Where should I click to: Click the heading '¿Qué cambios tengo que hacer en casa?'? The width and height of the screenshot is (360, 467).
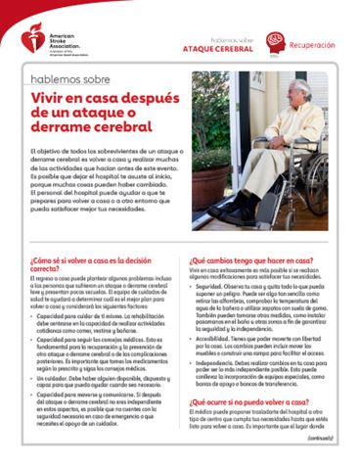pos(249,262)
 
